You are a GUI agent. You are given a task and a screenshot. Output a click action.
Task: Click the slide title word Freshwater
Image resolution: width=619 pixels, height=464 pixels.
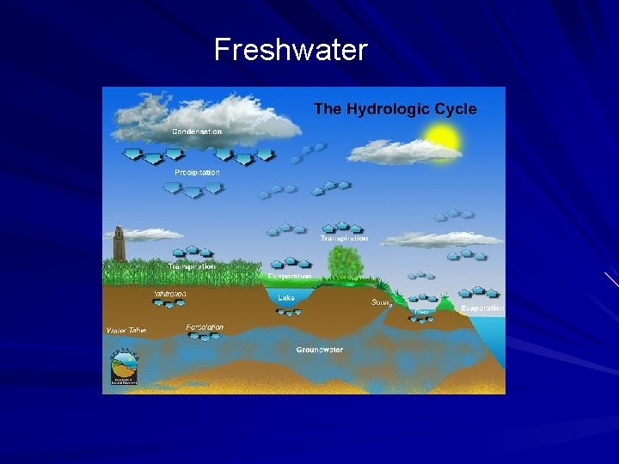(x=291, y=51)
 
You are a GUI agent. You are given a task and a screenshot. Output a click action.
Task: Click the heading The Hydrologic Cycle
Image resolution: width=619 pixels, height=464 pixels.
(x=395, y=109)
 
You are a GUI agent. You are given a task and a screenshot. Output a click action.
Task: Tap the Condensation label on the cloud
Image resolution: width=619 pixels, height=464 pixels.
(x=197, y=131)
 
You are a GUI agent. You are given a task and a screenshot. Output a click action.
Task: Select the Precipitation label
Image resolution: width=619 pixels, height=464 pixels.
(x=197, y=173)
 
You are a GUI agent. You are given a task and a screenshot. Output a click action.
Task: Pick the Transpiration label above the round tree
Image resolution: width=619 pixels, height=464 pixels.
(x=344, y=238)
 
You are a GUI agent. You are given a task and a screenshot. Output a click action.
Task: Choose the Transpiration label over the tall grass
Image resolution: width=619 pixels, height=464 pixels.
(x=192, y=267)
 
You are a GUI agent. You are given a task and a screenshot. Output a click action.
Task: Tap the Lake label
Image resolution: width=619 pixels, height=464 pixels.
(x=285, y=297)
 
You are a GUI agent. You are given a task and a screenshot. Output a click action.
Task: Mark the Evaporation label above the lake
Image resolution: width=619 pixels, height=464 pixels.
(x=289, y=277)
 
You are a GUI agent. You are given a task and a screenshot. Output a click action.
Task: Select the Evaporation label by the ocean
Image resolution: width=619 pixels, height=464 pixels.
(x=481, y=308)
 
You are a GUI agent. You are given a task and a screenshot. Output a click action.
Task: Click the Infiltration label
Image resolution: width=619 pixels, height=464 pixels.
(x=169, y=294)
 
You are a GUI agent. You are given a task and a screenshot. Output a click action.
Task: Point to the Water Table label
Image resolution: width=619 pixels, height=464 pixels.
(x=126, y=330)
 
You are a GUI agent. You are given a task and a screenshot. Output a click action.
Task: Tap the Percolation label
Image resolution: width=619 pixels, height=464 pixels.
(x=205, y=327)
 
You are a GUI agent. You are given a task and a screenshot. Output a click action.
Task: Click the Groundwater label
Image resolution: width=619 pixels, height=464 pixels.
(x=319, y=350)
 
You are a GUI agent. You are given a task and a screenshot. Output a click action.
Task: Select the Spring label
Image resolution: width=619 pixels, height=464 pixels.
(x=382, y=302)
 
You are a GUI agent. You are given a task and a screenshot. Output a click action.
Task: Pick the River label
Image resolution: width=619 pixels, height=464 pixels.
(x=421, y=311)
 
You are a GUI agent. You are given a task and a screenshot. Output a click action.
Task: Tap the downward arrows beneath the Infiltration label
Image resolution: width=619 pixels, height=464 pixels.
(x=169, y=306)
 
